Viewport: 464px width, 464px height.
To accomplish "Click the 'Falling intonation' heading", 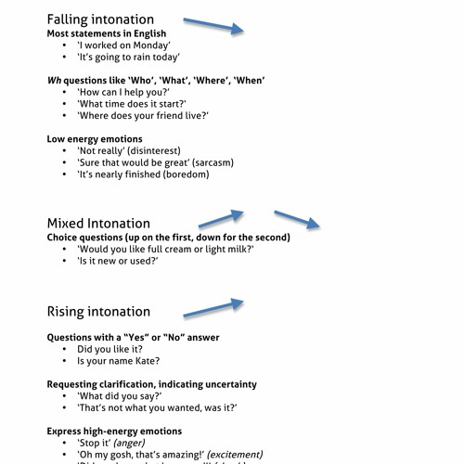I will (x=100, y=19).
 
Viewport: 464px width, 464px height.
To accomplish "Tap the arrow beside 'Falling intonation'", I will (x=213, y=25).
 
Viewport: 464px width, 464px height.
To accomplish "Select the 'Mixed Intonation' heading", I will (x=98, y=223).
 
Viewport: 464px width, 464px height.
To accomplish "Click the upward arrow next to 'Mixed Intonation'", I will (x=221, y=219).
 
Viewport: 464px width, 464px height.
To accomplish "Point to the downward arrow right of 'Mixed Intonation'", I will (x=297, y=219).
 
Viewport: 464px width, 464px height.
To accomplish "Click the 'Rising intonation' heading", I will (x=98, y=311).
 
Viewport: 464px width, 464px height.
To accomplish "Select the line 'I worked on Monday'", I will (x=123, y=45).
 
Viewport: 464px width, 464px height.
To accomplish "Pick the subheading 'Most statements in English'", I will (x=109, y=33).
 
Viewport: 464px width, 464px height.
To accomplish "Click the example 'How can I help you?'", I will (x=123, y=93).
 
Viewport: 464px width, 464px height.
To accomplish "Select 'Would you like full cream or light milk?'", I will (x=165, y=250).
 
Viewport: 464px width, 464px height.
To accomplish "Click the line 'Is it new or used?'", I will (x=118, y=262).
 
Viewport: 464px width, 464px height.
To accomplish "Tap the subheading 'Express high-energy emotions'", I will (x=114, y=431).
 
